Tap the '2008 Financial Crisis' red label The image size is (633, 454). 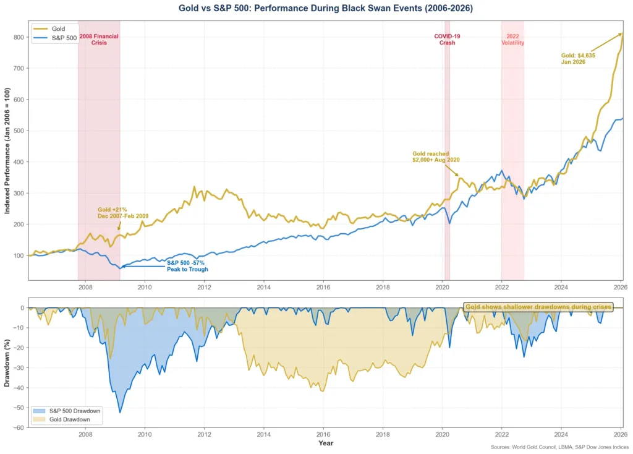click(99, 40)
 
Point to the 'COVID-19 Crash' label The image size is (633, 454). click(447, 40)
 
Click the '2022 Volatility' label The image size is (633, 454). click(512, 40)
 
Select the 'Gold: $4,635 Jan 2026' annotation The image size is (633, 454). click(577, 58)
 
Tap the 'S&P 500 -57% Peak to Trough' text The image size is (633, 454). click(187, 266)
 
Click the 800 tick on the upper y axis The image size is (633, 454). click(19, 37)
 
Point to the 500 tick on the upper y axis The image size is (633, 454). click(19, 131)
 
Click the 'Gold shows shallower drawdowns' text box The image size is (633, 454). click(538, 307)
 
